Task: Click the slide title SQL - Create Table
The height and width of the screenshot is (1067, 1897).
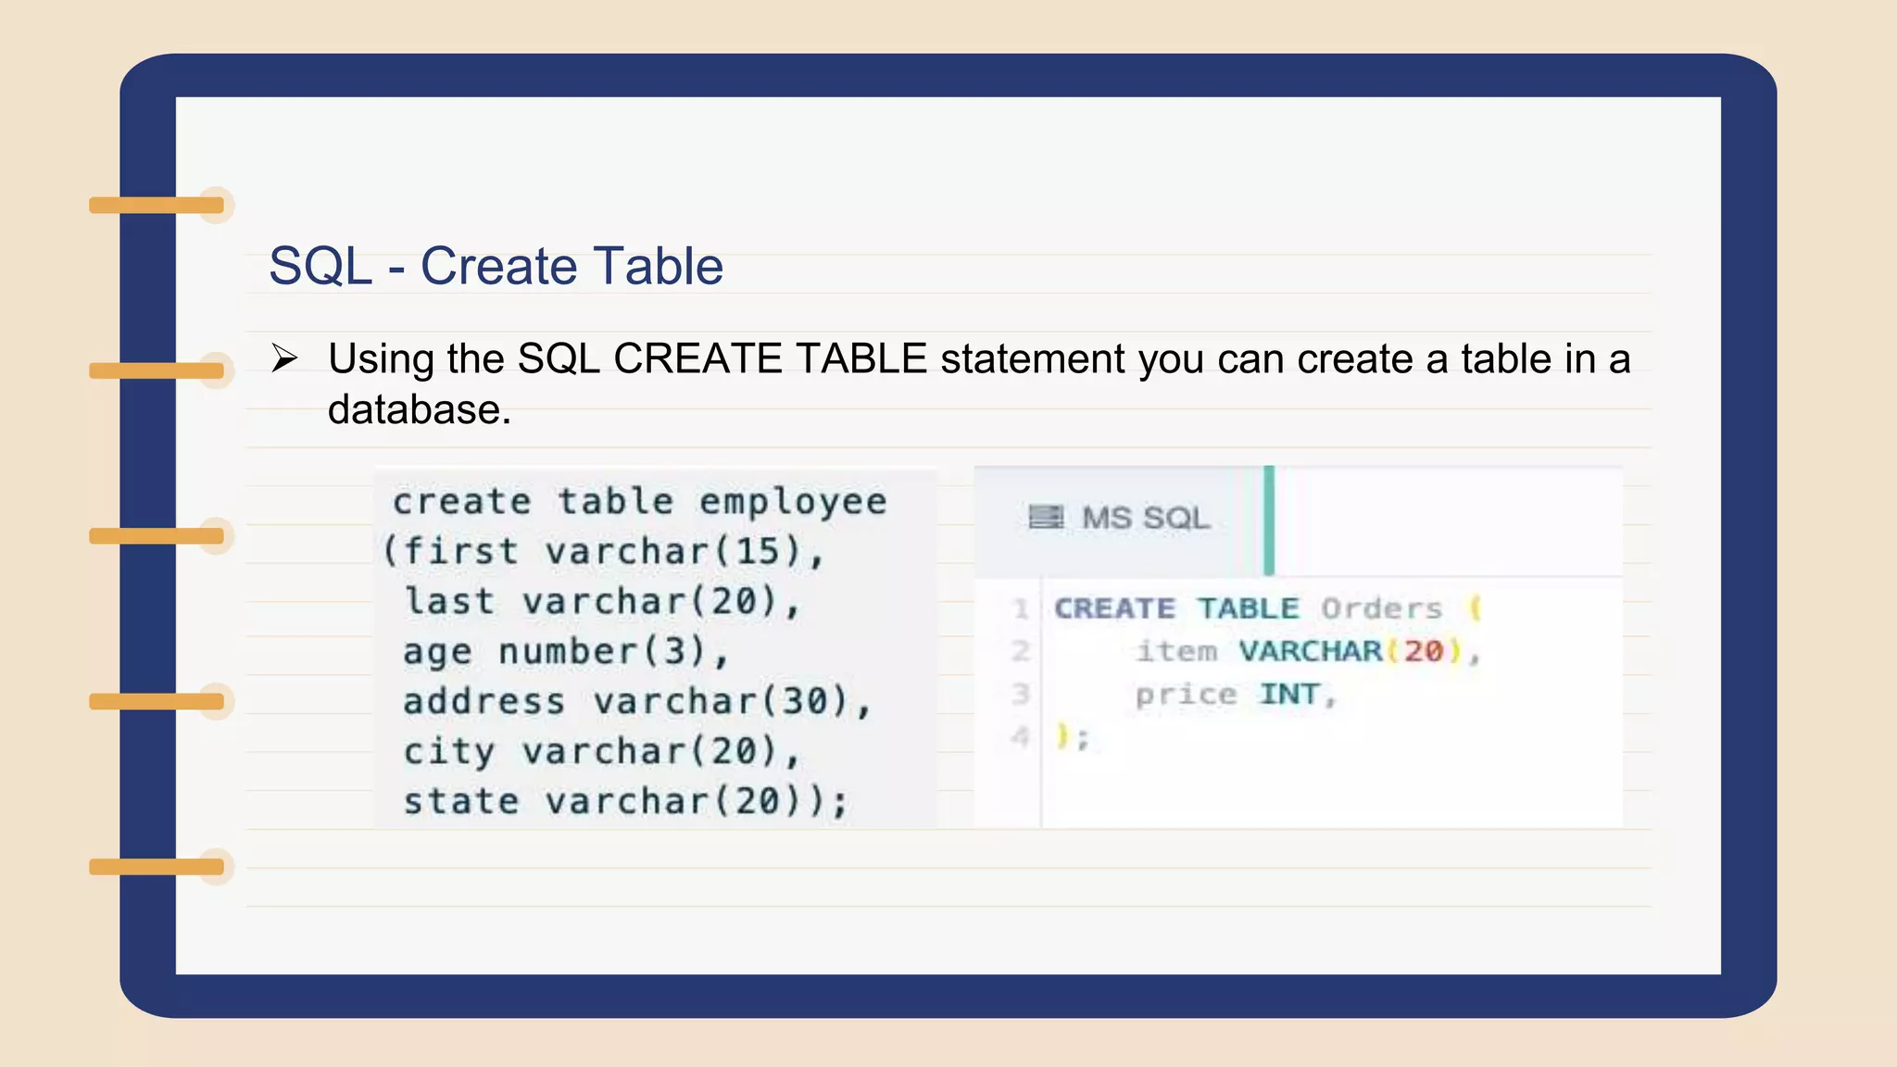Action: (496, 267)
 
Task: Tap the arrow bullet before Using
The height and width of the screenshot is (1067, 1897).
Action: (284, 358)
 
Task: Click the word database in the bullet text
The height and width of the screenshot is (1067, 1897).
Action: (419, 410)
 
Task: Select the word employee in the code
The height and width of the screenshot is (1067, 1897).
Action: (793, 502)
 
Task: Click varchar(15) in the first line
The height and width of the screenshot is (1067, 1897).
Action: (672, 552)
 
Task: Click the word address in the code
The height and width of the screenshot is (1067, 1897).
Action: (484, 702)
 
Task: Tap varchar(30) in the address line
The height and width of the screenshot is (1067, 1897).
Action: (721, 702)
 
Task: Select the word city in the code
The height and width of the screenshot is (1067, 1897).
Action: (448, 752)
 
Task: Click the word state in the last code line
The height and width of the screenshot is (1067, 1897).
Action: (461, 802)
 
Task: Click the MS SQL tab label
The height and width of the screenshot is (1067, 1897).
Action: (1145, 518)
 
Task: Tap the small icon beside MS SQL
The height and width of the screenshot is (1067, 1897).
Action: (1046, 517)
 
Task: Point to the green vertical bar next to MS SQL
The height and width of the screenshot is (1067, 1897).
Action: (1269, 521)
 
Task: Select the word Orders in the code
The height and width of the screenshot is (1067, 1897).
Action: (1381, 609)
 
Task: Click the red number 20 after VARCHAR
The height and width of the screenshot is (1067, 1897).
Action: (1424, 651)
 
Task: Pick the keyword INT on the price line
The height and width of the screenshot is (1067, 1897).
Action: (1288, 694)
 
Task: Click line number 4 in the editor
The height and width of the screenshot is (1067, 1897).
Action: (1020, 737)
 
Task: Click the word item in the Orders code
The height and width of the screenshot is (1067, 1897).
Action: (1176, 651)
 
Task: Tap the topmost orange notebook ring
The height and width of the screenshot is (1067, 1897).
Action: (157, 205)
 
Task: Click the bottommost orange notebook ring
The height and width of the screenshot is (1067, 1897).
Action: (157, 867)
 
